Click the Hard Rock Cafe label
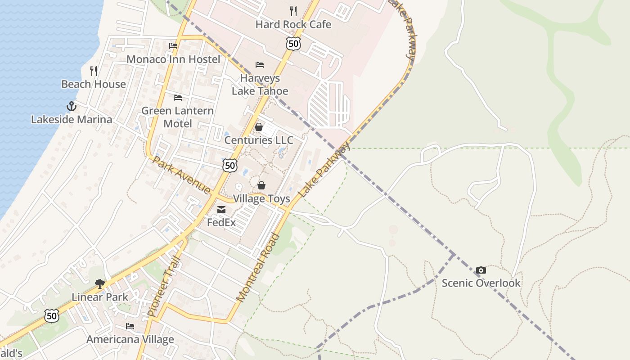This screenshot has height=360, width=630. click(293, 24)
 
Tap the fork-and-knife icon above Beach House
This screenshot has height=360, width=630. click(94, 71)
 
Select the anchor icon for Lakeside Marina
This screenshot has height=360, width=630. click(71, 107)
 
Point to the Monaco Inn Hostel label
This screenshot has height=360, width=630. click(173, 59)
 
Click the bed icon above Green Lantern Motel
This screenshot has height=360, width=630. click(178, 98)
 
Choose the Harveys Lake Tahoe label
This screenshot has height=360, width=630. click(260, 85)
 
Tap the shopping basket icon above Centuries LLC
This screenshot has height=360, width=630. click(259, 127)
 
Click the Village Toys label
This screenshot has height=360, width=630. click(261, 199)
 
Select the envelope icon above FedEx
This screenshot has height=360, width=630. click(221, 210)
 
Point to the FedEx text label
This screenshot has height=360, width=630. click(221, 222)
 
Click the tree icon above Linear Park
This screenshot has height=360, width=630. click(100, 284)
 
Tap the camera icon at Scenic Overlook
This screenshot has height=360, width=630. click(481, 270)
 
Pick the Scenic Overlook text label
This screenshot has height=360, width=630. click(481, 283)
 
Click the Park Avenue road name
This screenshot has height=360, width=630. click(182, 175)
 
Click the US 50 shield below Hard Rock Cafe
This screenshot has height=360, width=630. click(293, 44)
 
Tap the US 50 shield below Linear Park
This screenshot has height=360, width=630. click(52, 316)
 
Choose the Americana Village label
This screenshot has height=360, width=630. click(130, 339)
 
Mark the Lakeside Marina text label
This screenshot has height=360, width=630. click(71, 120)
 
